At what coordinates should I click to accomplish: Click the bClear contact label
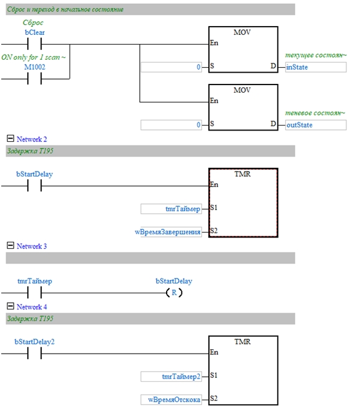click(35, 32)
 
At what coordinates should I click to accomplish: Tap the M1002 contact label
click(35, 67)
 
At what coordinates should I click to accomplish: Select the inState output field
click(316, 67)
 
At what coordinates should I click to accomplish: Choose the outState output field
click(316, 125)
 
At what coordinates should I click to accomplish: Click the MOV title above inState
click(242, 32)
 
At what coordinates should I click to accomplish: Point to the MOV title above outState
click(242, 90)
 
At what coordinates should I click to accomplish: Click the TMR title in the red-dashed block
click(242, 174)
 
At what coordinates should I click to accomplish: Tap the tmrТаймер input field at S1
click(171, 209)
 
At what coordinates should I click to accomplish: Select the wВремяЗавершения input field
click(168, 232)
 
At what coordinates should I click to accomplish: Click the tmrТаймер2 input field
click(171, 377)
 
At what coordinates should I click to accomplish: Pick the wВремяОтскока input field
click(171, 400)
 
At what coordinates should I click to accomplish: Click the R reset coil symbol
click(174, 293)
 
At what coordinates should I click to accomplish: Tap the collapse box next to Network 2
click(11, 138)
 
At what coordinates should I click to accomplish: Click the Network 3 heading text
click(32, 246)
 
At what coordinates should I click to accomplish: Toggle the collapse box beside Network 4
click(11, 306)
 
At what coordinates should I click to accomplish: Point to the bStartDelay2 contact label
click(34, 342)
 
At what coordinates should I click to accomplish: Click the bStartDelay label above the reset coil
click(173, 281)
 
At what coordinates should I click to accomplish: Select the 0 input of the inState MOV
click(171, 67)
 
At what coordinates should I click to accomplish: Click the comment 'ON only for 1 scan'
click(34, 57)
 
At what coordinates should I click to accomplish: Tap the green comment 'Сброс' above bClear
click(33, 23)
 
